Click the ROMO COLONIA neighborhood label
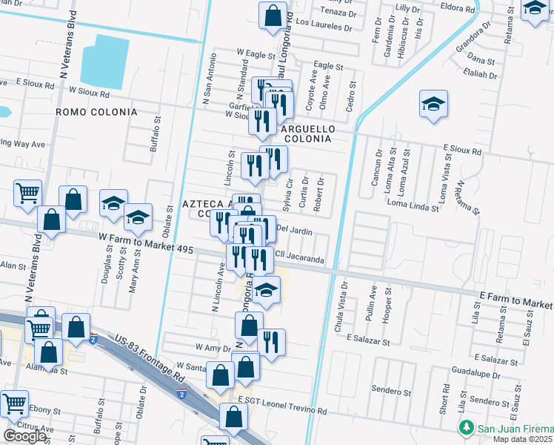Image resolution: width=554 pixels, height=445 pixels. point(97,112)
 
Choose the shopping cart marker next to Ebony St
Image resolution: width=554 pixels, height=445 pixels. point(15,403)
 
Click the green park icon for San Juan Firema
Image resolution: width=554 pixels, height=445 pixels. point(466,428)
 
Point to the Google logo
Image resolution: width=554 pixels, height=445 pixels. point(25,436)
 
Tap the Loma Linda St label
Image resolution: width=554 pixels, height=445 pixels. point(413,205)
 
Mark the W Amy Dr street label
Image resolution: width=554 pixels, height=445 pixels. point(213,347)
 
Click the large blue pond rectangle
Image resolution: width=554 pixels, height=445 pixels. point(110,62)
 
